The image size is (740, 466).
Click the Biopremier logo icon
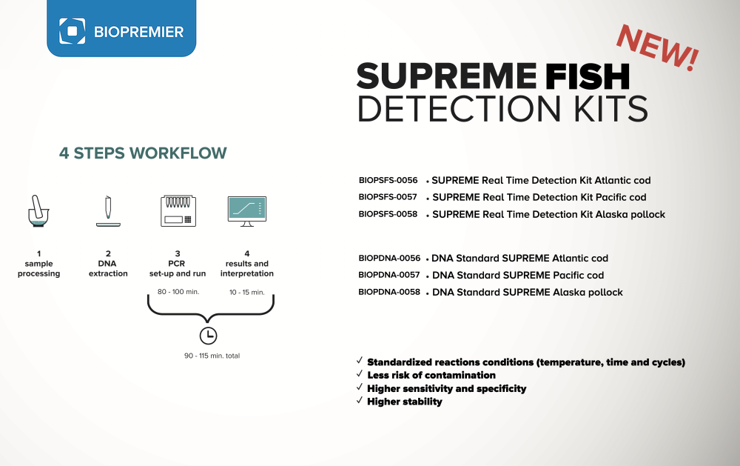(x=73, y=31)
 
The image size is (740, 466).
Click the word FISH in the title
(x=588, y=76)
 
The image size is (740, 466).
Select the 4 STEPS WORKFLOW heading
(x=143, y=153)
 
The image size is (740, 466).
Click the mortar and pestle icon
(x=38, y=211)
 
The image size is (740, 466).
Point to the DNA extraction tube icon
(x=108, y=211)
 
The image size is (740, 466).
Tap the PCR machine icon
(x=178, y=211)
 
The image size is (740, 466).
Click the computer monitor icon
(x=247, y=211)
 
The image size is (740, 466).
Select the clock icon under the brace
(x=208, y=336)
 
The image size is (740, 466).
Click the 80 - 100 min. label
(x=178, y=292)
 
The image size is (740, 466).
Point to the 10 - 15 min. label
(x=247, y=292)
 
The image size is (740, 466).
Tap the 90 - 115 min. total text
(x=212, y=356)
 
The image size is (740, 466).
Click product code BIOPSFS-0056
(x=388, y=180)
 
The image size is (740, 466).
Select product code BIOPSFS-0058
(x=388, y=214)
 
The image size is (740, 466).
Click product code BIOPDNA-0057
(x=389, y=275)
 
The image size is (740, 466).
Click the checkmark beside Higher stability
(x=360, y=400)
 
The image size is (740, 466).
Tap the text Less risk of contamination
(x=431, y=376)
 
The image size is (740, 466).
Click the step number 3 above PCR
(x=178, y=254)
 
